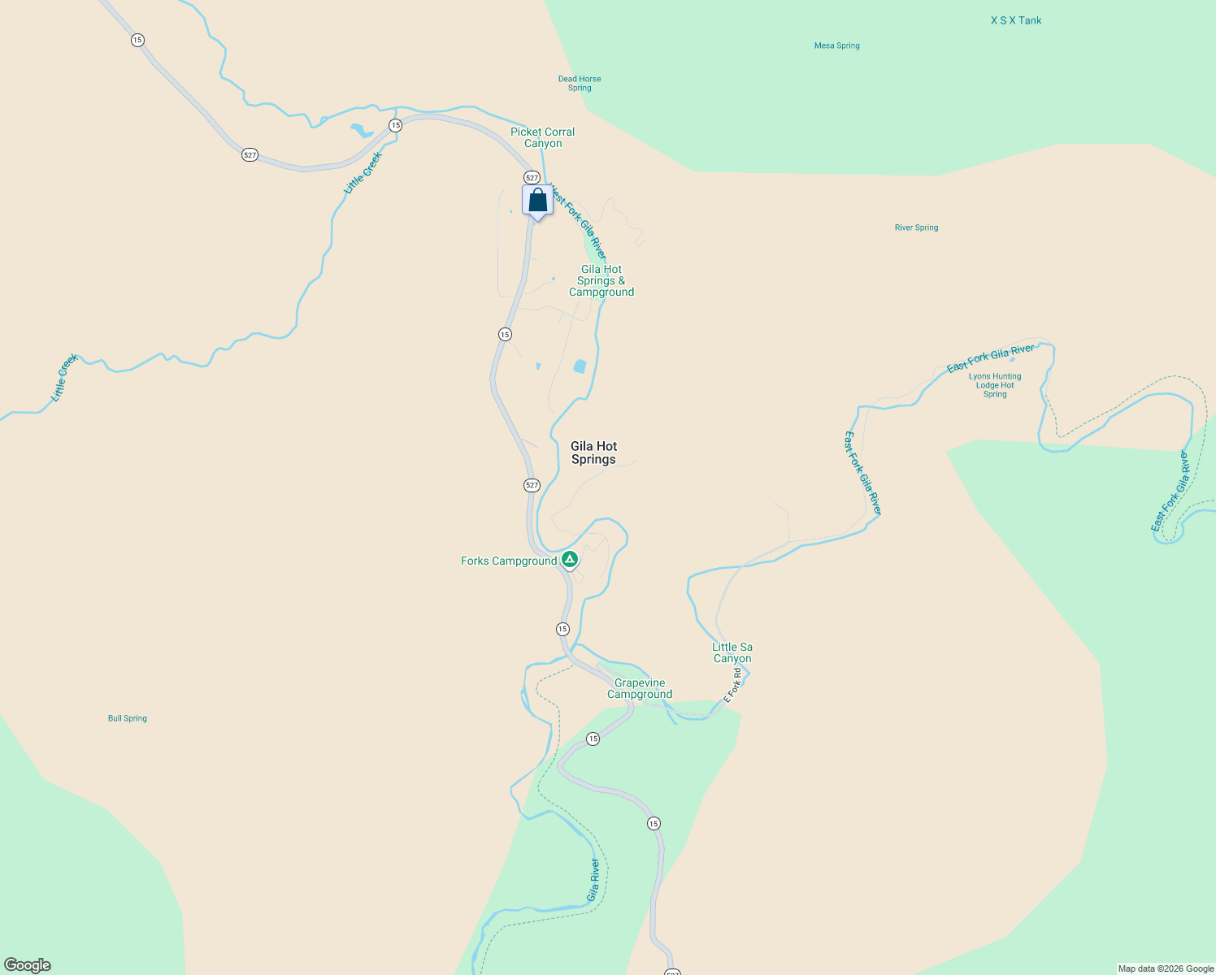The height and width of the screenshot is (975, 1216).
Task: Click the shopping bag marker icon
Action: [537, 200]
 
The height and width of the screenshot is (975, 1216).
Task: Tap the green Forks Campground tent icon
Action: [570, 559]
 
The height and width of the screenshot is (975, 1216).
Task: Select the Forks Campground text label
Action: [509, 561]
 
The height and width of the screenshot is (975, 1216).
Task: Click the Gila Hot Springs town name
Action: [593, 453]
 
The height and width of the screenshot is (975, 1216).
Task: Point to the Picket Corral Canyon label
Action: [542, 137]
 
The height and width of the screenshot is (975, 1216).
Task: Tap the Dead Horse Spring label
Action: [580, 84]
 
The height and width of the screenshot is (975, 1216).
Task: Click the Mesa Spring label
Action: [836, 45]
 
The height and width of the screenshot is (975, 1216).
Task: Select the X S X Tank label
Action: [1015, 20]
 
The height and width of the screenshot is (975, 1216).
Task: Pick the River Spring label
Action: [916, 227]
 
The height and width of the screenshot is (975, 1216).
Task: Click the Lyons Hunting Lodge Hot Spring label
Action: [995, 385]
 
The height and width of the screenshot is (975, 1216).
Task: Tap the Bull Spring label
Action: [128, 718]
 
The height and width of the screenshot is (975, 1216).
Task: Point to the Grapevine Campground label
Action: [640, 689]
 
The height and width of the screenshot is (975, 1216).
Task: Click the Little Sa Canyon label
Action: [732, 652]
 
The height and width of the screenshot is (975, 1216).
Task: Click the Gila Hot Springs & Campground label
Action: [601, 280]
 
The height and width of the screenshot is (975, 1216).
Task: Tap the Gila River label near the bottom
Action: [594, 880]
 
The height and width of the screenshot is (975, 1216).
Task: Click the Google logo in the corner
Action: [28, 965]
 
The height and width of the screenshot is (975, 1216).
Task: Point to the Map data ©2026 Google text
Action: [1166, 968]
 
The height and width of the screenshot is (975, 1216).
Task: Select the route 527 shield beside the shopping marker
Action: [532, 177]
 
